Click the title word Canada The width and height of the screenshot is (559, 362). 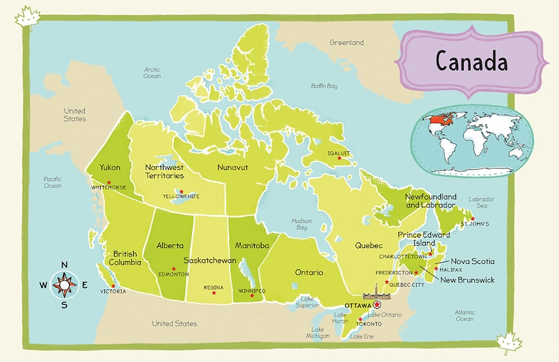[472, 61]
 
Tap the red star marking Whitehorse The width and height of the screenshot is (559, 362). [108, 181]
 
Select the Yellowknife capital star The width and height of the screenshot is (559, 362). [182, 191]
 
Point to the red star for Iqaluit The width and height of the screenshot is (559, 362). [339, 158]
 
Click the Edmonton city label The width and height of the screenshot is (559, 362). [173, 274]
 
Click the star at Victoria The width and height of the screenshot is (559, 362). [112, 286]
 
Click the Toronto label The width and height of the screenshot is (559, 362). [369, 324]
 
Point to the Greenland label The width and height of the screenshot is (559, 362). [346, 43]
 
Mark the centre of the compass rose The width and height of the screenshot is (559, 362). [64, 285]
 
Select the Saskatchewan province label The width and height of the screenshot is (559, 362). [210, 260]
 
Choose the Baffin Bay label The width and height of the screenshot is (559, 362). [324, 86]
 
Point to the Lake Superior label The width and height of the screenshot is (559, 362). [307, 302]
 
